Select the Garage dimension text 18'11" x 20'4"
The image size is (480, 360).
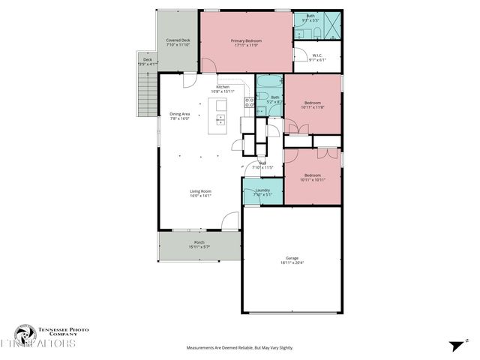click(x=292, y=262)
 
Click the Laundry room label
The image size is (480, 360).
click(x=262, y=190)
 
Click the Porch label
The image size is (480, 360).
click(x=199, y=242)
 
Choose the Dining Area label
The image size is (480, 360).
click(x=180, y=114)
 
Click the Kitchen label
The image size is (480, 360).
click(x=223, y=87)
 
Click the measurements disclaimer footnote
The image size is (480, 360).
click(x=240, y=348)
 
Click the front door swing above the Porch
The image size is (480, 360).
click(x=230, y=220)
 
